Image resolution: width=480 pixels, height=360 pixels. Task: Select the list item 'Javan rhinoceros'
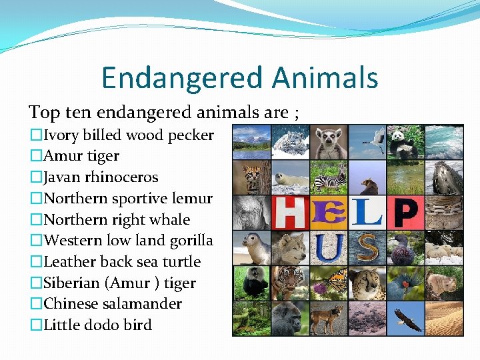(x=101, y=177)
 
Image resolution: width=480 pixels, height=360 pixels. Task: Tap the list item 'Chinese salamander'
(x=112, y=304)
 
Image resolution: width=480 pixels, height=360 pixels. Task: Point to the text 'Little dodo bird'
(x=97, y=325)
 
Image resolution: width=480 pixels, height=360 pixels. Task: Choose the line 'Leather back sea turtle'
(x=121, y=262)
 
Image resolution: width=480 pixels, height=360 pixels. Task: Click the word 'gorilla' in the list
(x=191, y=241)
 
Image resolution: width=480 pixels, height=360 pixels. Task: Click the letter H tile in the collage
(x=290, y=213)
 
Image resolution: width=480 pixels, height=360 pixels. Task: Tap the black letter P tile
(x=405, y=213)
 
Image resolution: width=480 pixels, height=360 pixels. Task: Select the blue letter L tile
(x=367, y=211)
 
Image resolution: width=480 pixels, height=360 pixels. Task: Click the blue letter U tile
(x=329, y=247)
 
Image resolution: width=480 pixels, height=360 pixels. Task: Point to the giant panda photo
(x=405, y=141)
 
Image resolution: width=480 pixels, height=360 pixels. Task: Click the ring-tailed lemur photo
(x=329, y=141)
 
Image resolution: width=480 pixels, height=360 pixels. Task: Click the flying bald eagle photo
(x=405, y=319)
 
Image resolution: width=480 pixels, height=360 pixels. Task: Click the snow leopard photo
(x=290, y=141)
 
